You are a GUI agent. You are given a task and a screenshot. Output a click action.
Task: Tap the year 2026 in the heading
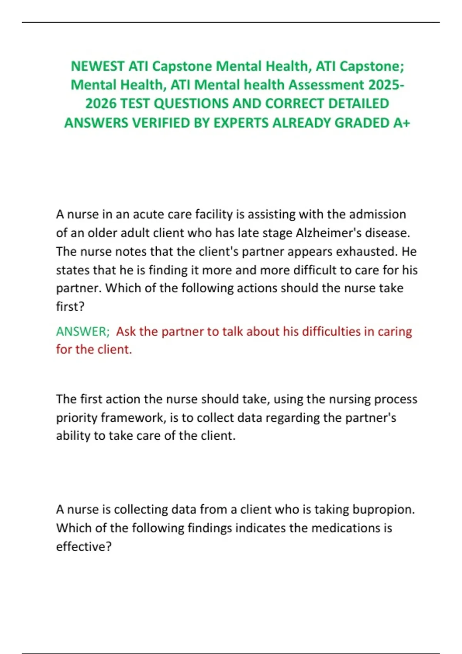101,103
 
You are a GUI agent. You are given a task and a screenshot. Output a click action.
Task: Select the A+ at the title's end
402,123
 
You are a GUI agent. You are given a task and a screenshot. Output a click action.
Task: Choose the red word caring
395,331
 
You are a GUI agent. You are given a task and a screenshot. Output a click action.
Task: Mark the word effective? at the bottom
84,546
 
